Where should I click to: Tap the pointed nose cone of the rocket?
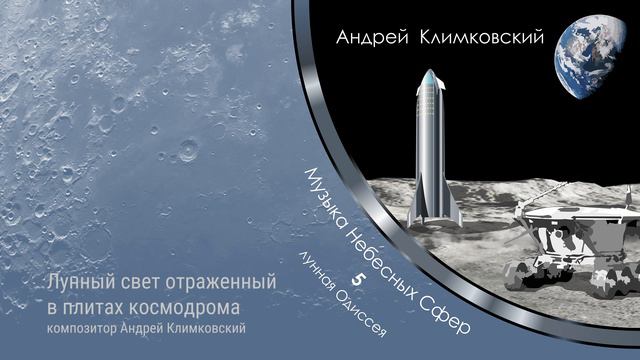tap(430, 75)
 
